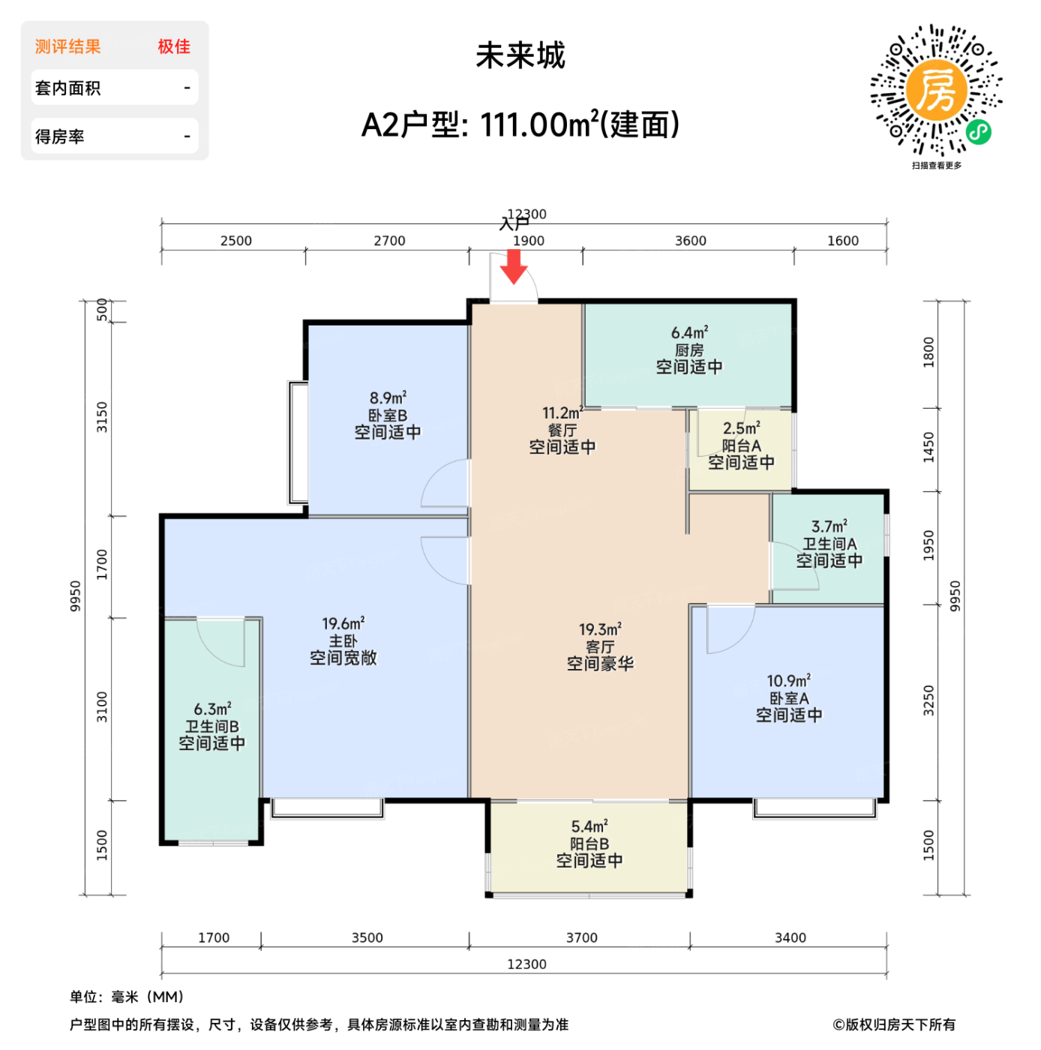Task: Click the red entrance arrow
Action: (514, 267)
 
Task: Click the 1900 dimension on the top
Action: (529, 241)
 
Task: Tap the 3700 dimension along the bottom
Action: (581, 937)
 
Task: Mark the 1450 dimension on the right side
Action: (928, 448)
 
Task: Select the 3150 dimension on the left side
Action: (102, 417)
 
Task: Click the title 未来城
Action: (520, 55)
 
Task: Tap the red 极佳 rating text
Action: (174, 46)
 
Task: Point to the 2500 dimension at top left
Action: (236, 241)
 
